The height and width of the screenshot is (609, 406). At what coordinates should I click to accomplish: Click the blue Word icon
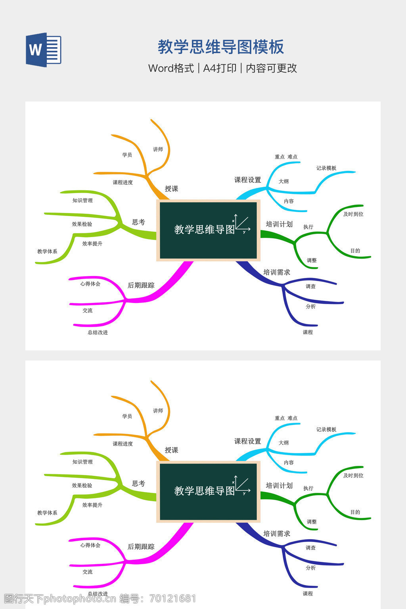[44, 50]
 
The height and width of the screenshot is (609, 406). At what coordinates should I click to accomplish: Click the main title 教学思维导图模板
[221, 47]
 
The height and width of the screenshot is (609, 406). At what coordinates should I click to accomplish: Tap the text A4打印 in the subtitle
[220, 68]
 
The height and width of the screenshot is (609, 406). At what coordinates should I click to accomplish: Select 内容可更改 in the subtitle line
[272, 68]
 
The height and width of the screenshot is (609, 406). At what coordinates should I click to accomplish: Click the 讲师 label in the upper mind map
[158, 149]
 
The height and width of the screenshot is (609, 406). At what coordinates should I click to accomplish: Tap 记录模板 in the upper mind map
[326, 168]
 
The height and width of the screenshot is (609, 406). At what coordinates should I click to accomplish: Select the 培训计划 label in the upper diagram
[279, 224]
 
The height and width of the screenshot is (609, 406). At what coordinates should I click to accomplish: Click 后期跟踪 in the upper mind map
[141, 285]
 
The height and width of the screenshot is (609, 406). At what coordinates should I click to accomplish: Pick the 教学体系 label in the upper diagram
[47, 251]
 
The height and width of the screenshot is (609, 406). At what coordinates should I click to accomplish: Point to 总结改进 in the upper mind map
[98, 333]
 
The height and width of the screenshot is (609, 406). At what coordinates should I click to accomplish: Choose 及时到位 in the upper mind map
[353, 214]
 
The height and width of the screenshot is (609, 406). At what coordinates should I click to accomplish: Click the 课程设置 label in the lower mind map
[248, 441]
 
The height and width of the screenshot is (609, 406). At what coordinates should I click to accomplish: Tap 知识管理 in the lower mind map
[82, 462]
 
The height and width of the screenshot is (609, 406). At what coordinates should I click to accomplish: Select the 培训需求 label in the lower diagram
[277, 534]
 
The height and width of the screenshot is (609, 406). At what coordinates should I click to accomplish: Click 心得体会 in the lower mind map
[90, 545]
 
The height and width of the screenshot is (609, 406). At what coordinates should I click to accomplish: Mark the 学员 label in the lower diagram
[127, 416]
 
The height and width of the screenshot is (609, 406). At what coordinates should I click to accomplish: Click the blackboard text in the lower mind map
[205, 491]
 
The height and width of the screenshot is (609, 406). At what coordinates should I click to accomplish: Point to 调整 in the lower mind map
[312, 522]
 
